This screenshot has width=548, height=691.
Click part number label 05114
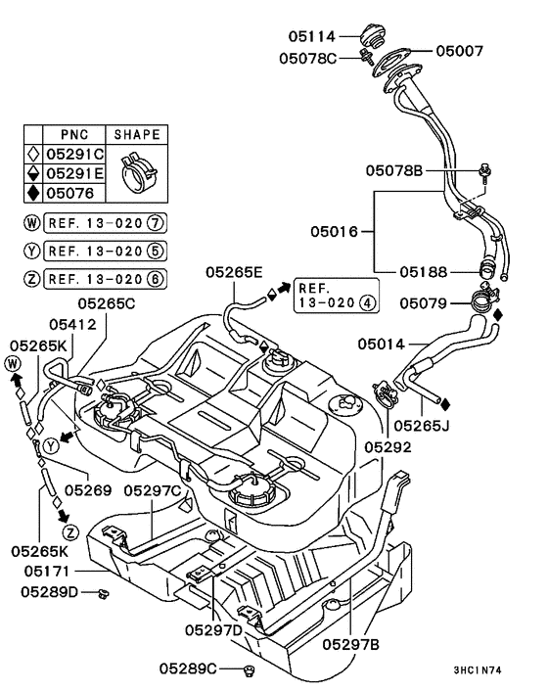[312, 36]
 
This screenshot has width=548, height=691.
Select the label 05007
[461, 50]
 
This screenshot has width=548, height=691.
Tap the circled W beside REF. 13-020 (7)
[33, 224]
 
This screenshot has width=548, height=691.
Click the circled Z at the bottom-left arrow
[69, 532]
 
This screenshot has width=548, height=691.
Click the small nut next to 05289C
[251, 669]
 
